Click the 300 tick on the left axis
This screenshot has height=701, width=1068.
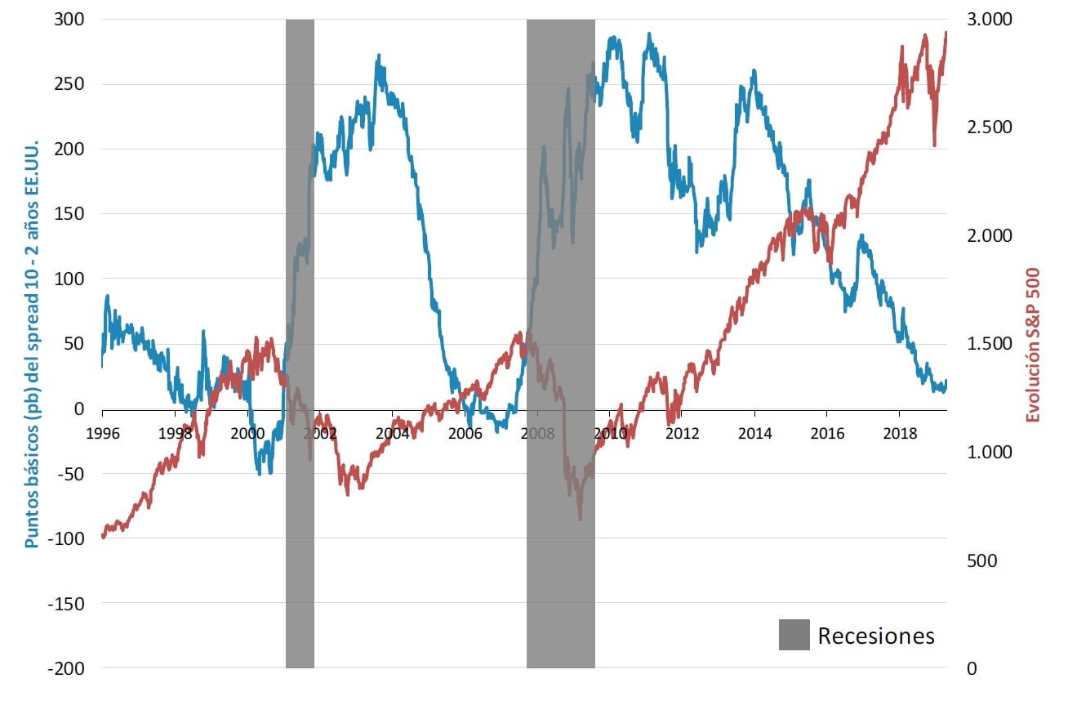coord(72,19)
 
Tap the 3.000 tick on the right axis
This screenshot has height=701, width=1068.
coord(990,19)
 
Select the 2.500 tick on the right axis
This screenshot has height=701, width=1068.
coord(990,127)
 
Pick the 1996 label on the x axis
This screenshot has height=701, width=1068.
coord(102,433)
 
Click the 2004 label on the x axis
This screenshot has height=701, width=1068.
coord(393,433)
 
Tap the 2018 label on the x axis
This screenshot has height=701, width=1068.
coord(900,433)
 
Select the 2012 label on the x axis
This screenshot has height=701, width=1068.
coord(683,433)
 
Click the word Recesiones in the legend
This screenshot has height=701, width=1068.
coord(876,636)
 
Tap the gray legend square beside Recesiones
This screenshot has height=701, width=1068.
coord(794,635)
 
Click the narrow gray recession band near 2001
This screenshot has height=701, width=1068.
coord(300,531)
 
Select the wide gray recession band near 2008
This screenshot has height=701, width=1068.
coord(560,572)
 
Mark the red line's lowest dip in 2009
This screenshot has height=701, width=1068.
coord(581,519)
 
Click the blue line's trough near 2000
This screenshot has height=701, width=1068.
coord(260,472)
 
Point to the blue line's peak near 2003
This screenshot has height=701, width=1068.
coord(378,56)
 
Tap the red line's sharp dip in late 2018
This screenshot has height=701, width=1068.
coord(935,145)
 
